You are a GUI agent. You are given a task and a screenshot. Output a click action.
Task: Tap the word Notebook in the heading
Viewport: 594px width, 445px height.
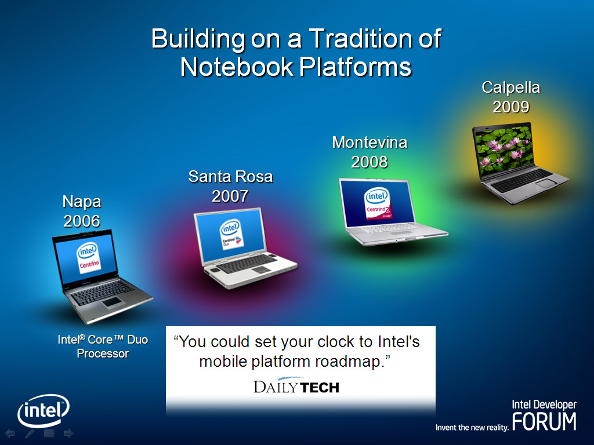(237, 67)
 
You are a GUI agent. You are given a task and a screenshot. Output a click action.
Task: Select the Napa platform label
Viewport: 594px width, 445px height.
(82, 202)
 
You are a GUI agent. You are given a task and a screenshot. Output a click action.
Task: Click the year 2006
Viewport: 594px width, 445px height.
(82, 221)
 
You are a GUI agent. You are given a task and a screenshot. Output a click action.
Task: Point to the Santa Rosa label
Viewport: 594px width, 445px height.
(231, 177)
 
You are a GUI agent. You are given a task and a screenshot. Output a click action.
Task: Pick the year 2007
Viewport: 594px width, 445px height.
(230, 196)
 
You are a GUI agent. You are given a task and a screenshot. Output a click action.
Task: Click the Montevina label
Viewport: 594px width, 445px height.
(370, 143)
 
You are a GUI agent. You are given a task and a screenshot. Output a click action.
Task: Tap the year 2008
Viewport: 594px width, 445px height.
(370, 162)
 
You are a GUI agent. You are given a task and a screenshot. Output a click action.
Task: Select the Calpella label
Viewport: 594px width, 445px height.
(511, 88)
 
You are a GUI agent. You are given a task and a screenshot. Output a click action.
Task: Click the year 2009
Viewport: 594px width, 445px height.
(511, 107)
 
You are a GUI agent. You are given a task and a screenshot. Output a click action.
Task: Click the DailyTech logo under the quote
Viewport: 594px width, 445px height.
(296, 385)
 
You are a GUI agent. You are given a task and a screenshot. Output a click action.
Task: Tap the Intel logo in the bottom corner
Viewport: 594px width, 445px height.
(44, 411)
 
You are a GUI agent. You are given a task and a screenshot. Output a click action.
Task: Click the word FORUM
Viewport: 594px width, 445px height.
(544, 422)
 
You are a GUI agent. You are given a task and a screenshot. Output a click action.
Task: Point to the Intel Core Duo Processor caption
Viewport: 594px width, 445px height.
(103, 346)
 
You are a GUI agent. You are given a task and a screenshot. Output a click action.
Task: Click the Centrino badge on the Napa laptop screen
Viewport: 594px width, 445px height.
(89, 258)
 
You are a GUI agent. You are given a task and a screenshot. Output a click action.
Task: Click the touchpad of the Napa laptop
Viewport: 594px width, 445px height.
(111, 301)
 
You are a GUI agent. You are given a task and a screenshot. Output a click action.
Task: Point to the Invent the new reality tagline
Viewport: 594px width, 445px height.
(472, 428)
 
